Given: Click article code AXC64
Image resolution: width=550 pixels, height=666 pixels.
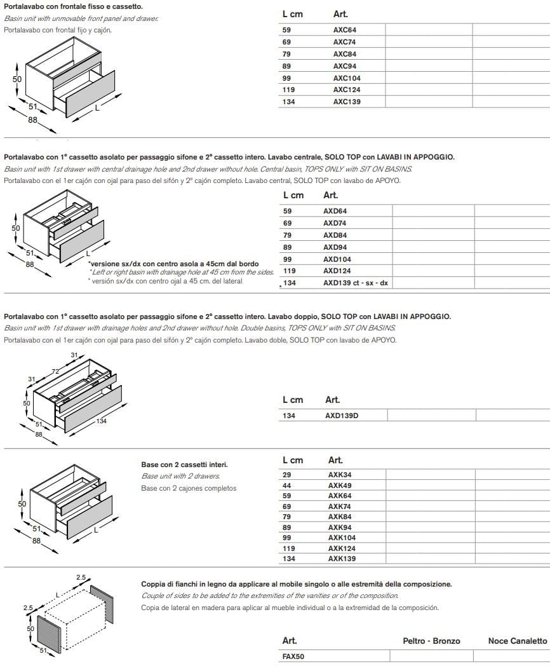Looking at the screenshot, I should [x=345, y=29].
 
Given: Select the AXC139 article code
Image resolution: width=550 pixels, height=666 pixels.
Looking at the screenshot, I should [x=347, y=102].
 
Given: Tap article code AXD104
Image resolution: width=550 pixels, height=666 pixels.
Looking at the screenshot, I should [x=337, y=259].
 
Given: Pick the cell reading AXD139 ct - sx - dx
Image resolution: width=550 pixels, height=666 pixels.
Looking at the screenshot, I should [x=355, y=283].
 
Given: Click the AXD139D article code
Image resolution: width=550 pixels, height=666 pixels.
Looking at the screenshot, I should [x=346, y=416].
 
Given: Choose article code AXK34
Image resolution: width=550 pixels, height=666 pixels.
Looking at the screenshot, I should [x=339, y=474].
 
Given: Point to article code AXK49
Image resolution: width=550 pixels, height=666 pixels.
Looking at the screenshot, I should [x=339, y=486].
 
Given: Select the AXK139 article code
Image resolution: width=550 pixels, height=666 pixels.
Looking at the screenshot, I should [x=342, y=559].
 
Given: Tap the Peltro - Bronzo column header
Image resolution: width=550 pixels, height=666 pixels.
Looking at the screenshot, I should [x=431, y=641].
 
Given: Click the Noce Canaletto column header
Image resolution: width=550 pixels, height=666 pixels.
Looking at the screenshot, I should [x=517, y=641].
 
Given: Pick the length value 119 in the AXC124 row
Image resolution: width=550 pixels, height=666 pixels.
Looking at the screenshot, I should [x=288, y=90].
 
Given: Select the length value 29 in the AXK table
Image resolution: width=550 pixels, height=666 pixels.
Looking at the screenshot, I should [x=286, y=474].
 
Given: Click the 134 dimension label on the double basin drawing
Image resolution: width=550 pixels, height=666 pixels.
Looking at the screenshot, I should [x=102, y=421].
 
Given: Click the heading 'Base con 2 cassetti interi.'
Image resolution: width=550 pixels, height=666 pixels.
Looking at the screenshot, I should [x=184, y=465].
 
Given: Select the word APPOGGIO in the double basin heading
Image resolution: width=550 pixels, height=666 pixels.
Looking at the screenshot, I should [x=429, y=316].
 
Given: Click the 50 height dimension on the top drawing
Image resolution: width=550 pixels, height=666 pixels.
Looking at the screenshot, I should [x=18, y=79].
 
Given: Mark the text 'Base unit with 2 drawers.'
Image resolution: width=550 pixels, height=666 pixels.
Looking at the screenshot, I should [x=180, y=476].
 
